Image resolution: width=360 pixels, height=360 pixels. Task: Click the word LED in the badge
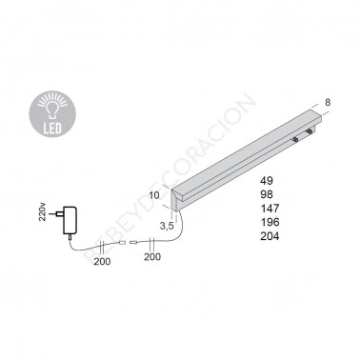(52, 129)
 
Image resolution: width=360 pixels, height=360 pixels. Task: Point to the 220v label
(44, 210)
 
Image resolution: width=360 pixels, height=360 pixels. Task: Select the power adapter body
(70, 221)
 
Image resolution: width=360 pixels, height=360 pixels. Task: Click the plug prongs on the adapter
(59, 214)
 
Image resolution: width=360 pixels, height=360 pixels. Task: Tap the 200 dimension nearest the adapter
(102, 261)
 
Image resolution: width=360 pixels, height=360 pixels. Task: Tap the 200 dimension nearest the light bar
(152, 257)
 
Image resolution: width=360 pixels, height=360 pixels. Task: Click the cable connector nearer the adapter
(123, 244)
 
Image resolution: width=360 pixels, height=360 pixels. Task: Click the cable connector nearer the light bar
(133, 243)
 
